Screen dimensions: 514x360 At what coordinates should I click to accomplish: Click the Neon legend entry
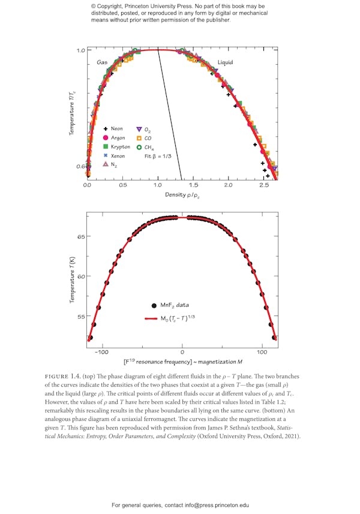[x=113, y=129]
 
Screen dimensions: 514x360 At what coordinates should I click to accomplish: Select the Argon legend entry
[x=114, y=138]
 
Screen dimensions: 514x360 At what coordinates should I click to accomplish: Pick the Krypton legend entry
[x=116, y=147]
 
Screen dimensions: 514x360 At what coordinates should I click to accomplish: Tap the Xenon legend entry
[x=114, y=156]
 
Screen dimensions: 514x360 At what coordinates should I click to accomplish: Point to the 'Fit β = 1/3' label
[x=158, y=156]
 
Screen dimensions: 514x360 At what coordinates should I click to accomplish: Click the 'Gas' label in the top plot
[x=102, y=62]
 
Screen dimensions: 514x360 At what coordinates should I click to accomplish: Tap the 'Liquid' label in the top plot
[x=226, y=62]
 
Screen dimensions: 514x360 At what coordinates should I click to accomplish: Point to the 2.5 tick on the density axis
[x=264, y=185]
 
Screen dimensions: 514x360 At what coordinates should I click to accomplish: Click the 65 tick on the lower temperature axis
[x=80, y=236]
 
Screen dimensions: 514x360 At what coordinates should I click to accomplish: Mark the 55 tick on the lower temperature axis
[x=80, y=316]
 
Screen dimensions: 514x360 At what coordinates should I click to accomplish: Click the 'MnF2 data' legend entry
[x=172, y=305]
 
